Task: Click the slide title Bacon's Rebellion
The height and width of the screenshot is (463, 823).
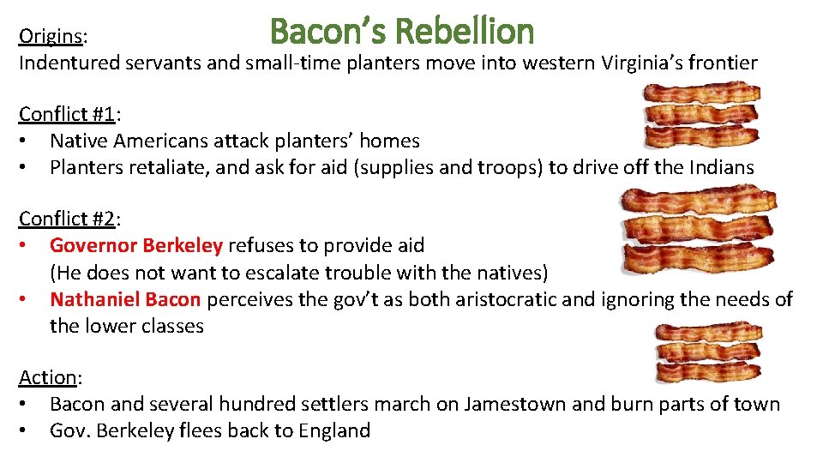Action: (x=401, y=33)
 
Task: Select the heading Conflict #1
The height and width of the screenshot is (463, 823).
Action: (x=69, y=114)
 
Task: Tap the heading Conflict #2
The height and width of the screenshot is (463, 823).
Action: (x=69, y=219)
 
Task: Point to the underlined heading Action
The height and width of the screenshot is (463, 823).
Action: (x=48, y=377)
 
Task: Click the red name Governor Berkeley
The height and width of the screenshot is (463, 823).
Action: (x=136, y=245)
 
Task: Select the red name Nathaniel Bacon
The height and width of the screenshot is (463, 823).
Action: (x=125, y=299)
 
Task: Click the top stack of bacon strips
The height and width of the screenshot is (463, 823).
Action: (x=702, y=116)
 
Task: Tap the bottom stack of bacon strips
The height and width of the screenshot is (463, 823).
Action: (x=706, y=352)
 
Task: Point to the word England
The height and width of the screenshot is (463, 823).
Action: (x=334, y=430)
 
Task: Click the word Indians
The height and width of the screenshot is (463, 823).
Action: (x=721, y=167)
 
